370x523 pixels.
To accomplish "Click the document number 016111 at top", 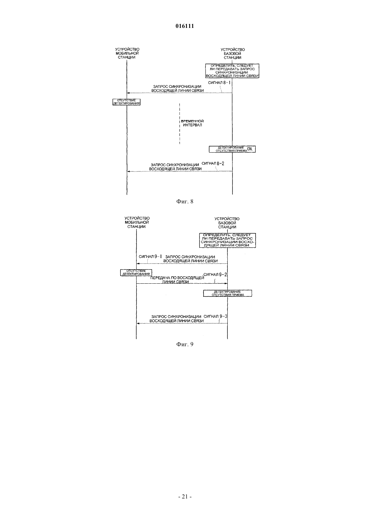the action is [185, 26].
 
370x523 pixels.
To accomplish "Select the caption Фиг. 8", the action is [185, 201].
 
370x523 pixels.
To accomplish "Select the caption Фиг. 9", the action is [185, 345].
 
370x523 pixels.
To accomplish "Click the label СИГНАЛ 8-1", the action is [219, 83].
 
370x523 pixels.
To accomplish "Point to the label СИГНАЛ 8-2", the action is [213, 163].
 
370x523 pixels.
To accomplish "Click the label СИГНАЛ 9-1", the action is [150, 256].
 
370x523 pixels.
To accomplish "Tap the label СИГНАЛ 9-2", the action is [215, 275].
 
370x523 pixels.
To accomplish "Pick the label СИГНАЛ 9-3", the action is [215, 317].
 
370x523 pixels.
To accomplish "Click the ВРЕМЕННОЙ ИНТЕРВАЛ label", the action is [192, 123].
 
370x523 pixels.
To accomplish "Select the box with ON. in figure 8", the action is [232, 149].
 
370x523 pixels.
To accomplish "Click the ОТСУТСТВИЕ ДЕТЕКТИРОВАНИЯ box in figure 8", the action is [126, 102].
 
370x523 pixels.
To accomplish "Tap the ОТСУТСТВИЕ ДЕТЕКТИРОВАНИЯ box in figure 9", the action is [136, 273].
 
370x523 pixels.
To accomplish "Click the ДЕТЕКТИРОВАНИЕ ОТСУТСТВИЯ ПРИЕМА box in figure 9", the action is [227, 293].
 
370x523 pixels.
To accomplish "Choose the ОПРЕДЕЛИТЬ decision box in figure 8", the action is [232, 71].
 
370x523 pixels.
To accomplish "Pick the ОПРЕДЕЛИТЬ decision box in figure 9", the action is [227, 240].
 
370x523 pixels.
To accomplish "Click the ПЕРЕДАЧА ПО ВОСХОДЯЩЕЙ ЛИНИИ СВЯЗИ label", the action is [177, 280].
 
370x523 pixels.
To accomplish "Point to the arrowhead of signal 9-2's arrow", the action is [227, 283].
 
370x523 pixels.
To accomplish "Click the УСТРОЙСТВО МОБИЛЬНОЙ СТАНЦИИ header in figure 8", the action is [127, 53].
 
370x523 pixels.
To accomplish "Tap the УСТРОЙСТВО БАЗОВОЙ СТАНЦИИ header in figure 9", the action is [227, 223].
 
